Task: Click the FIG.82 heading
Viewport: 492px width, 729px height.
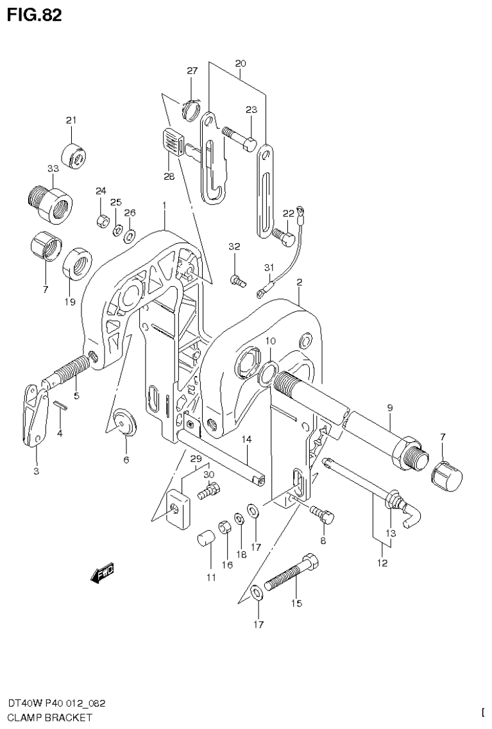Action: coord(35,15)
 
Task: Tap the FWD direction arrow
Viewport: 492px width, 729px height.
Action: coord(103,573)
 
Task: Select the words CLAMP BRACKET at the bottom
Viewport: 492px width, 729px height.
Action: coord(46,717)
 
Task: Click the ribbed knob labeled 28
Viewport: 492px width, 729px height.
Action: coord(171,141)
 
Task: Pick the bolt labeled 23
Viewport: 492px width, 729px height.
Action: coord(240,137)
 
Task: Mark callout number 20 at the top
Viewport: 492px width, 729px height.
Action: coord(241,64)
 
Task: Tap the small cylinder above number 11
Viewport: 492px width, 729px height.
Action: coord(205,536)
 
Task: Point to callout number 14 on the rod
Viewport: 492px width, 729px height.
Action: coord(246,439)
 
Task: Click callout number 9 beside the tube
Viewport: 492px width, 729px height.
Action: coord(389,407)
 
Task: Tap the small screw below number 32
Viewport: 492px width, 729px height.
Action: coord(237,280)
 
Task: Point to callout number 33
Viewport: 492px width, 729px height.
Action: coord(53,168)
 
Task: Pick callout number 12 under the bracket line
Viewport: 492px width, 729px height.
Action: coord(382,563)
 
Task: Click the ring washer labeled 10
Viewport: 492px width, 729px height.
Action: coord(271,371)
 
